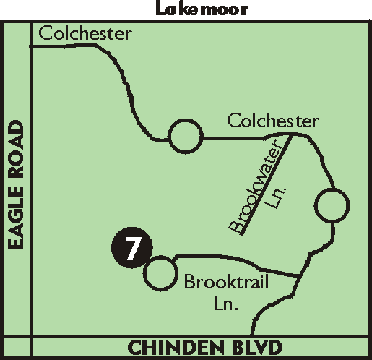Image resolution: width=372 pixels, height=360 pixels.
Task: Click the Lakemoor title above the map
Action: coord(202,9)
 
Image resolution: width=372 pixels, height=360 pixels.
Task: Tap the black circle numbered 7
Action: coord(131,247)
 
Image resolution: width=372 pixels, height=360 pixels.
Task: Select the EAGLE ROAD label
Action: coord(16,185)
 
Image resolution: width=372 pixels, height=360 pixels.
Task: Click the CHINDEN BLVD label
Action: coord(205,347)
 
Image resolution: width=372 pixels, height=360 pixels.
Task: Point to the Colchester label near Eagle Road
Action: coord(85,33)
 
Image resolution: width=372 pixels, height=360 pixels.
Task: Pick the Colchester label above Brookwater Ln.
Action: coord(273,121)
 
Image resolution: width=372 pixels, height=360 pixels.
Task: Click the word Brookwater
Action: coord(255,187)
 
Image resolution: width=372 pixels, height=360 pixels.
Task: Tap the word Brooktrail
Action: coord(227,281)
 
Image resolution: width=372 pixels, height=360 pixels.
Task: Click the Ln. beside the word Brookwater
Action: coord(275,197)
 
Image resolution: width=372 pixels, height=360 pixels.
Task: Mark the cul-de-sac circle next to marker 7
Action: coord(160,273)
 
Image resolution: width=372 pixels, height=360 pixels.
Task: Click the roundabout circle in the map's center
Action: coord(186,136)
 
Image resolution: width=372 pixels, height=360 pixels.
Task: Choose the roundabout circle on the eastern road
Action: coord(332,205)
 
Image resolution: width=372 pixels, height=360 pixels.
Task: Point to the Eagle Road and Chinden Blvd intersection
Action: coord(31,336)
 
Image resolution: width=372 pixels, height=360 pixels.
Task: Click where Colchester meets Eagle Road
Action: coord(31,46)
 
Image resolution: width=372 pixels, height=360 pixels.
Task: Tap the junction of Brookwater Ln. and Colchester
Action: coord(291,134)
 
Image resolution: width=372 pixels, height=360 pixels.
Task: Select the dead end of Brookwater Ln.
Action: coord(242,233)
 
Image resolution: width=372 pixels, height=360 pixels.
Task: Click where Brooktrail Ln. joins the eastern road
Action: coord(299,275)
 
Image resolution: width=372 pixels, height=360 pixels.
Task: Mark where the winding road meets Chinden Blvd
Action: coord(251,335)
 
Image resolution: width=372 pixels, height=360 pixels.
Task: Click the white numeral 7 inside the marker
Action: coord(133,248)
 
